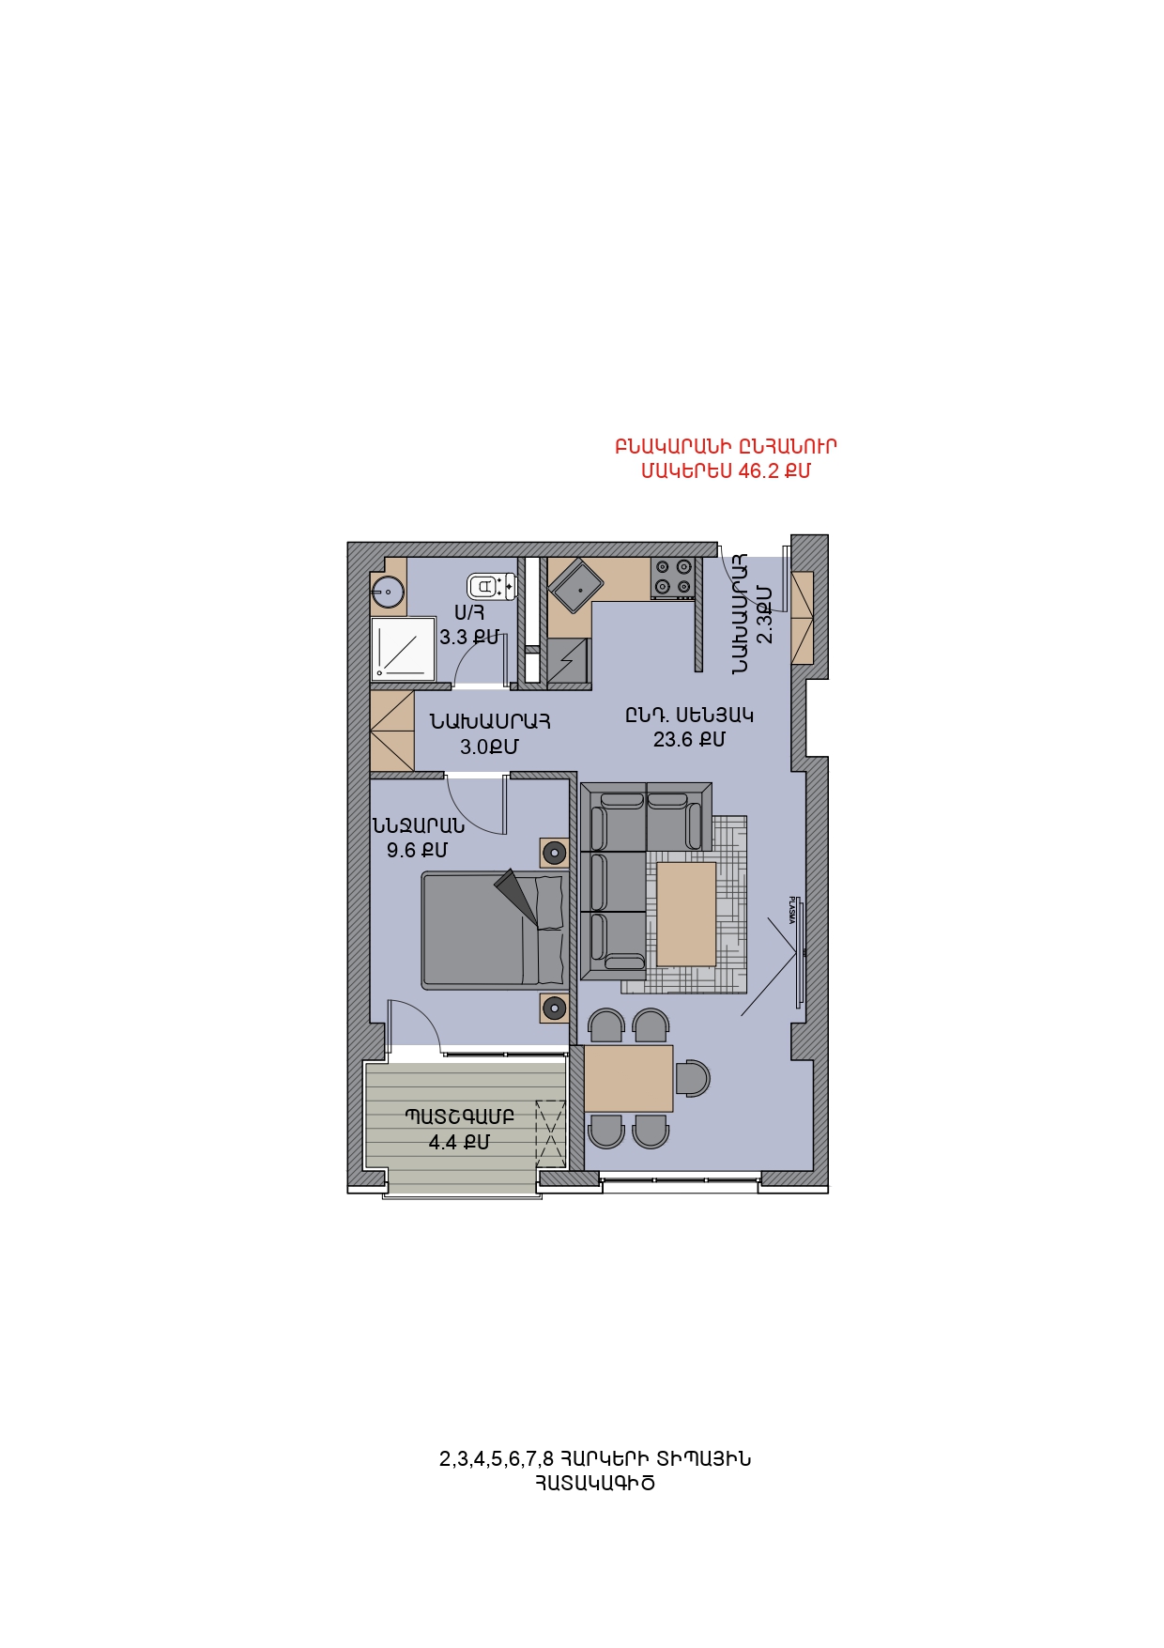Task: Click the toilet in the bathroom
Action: point(492,587)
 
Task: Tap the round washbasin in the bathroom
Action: point(388,592)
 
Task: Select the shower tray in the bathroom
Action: point(404,648)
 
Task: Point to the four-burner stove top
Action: point(673,578)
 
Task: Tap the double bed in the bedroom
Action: point(493,930)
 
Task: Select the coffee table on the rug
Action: point(686,914)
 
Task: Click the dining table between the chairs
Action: point(628,1079)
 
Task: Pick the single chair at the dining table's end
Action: point(693,1078)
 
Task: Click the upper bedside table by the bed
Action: point(554,853)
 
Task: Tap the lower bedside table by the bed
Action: point(554,1009)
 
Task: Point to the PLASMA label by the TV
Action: point(791,910)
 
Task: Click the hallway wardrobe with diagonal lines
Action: point(391,732)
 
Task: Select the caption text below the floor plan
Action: point(595,1471)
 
